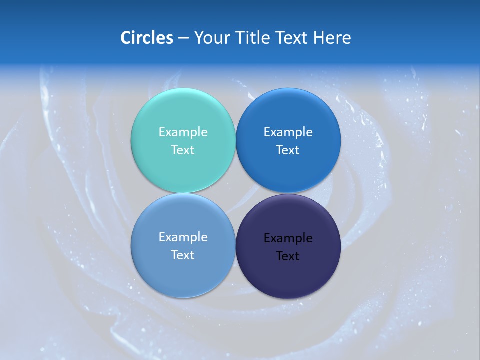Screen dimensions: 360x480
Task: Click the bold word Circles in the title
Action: point(146,38)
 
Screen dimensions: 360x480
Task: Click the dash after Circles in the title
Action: point(183,38)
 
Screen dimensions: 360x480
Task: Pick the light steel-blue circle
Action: point(183,272)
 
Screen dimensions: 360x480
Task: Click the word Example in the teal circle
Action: point(183,132)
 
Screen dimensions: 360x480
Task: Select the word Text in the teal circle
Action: point(183,150)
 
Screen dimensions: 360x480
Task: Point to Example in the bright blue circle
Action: point(288,132)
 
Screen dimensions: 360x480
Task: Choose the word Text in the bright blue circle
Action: point(288,150)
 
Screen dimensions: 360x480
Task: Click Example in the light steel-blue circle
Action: point(183,237)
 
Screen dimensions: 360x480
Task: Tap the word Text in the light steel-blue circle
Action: point(183,255)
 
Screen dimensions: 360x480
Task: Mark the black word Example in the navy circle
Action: point(288,238)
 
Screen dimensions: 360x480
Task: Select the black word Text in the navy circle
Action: point(288,256)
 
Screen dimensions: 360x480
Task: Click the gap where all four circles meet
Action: point(235,193)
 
